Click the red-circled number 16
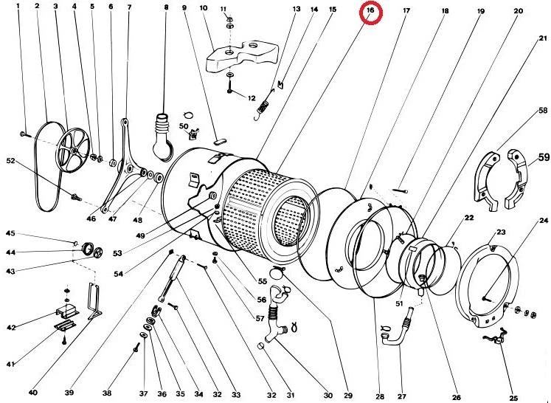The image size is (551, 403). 371,12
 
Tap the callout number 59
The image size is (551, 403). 544,156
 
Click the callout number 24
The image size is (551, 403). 544,221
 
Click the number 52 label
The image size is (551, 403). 10,160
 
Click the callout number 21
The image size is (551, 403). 543,38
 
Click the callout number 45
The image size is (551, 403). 10,234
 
